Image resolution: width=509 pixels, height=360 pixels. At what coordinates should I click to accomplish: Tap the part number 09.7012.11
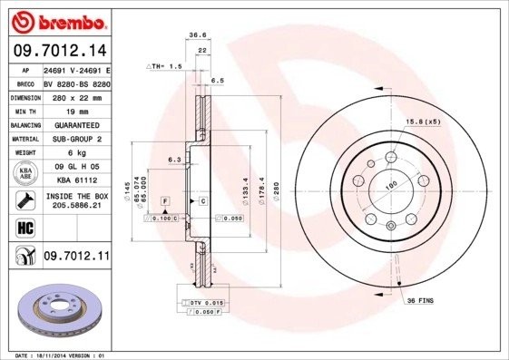coord(76,257)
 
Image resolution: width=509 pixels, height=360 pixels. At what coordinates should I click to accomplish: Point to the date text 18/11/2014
coord(67,355)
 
